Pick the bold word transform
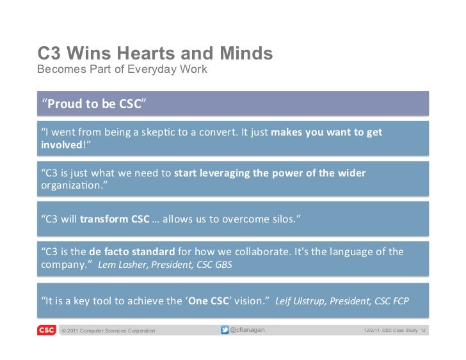pyautogui.click(x=104, y=220)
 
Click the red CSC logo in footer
pyautogui.click(x=45, y=330)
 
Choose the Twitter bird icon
pyautogui.click(x=225, y=330)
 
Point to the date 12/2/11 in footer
pyautogui.click(x=371, y=331)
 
